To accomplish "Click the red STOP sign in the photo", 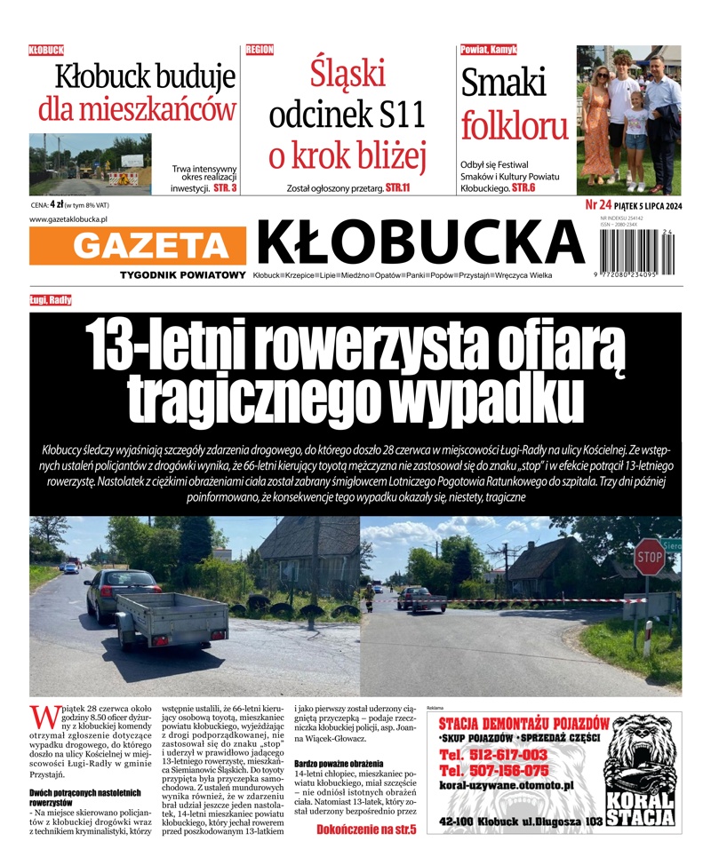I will pyautogui.click(x=650, y=556).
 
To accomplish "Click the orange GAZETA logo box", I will pyautogui.click(x=137, y=246).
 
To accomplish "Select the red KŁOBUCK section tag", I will pyautogui.click(x=46, y=51).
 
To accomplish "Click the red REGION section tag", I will pyautogui.click(x=260, y=50).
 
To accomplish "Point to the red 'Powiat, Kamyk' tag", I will pyautogui.click(x=488, y=50).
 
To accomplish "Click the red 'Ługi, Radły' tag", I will pyautogui.click(x=51, y=300).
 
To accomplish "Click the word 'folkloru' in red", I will pyautogui.click(x=515, y=126).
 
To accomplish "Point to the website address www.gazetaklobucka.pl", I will pyautogui.click(x=68, y=218).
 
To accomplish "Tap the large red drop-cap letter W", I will pyautogui.click(x=41, y=717).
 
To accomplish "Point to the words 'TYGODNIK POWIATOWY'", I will pyautogui.click(x=182, y=274).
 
